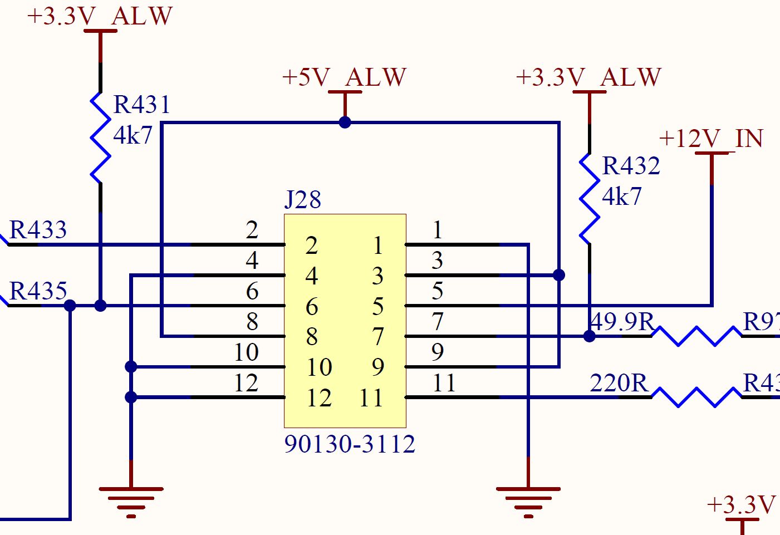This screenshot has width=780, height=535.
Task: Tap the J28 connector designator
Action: click(303, 199)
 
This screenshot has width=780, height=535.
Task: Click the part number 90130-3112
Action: click(350, 444)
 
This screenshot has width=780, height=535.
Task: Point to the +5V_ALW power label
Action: click(345, 77)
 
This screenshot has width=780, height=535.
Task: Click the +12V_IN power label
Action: click(711, 139)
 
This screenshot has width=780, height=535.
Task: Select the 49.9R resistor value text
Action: click(622, 321)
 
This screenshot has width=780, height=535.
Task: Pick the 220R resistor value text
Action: click(619, 383)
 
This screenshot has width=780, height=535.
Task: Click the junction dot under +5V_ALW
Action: click(345, 122)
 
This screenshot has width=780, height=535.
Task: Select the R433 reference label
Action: click(38, 230)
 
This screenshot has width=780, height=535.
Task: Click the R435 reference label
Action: click(38, 291)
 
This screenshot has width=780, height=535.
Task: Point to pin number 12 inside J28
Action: click(319, 398)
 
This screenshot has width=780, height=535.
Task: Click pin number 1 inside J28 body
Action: click(378, 246)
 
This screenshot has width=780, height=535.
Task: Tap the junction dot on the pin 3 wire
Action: click(559, 275)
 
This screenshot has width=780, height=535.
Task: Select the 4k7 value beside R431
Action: click(133, 135)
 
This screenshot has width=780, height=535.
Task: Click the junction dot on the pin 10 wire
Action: click(131, 366)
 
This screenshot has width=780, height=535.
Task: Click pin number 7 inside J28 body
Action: click(378, 336)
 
